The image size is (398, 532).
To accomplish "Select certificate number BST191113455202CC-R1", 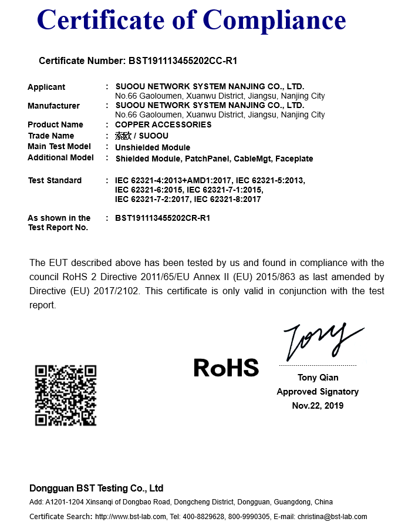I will click(x=182, y=61).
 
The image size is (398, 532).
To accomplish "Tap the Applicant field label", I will click(x=46, y=87).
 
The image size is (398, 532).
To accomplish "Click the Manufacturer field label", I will click(x=53, y=106).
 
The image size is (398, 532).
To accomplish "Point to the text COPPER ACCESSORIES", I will click(x=163, y=124).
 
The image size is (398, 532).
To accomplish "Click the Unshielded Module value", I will click(x=153, y=147).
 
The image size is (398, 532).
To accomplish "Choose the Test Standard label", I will click(x=55, y=180).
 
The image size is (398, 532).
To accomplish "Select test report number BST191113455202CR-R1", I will click(x=163, y=218).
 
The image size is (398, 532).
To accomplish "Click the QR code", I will click(x=66, y=395).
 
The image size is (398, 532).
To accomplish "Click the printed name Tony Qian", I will click(x=318, y=378).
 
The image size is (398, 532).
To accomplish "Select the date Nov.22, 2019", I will click(x=318, y=406).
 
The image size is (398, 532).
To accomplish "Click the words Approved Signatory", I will click(x=318, y=392).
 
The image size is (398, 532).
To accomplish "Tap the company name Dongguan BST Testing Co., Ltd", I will click(x=96, y=489).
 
